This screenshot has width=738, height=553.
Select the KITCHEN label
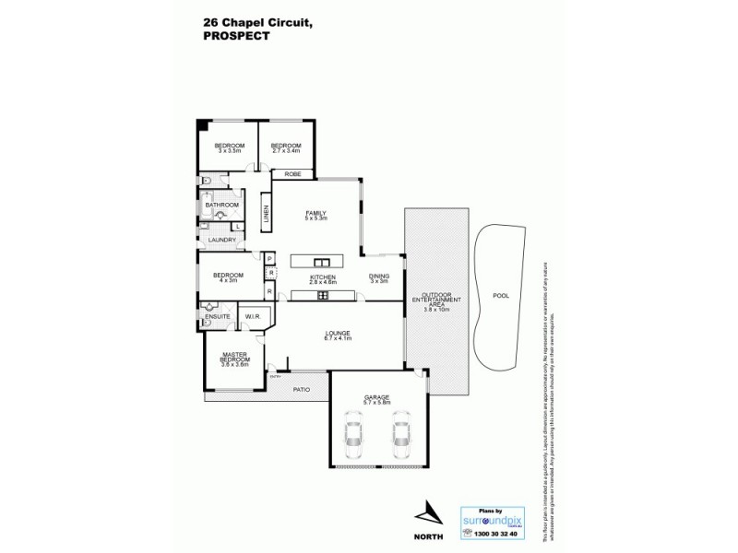click(322, 277)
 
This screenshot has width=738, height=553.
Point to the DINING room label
click(379, 277)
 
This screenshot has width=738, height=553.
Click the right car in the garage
click(400, 432)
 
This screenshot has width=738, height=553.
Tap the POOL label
click(501, 297)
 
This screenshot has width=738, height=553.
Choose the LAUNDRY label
click(221, 240)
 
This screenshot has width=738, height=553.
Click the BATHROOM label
click(222, 205)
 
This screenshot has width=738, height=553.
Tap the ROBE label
click(292, 173)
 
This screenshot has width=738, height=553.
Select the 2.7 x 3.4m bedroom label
click(286, 147)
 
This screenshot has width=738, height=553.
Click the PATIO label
click(302, 389)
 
